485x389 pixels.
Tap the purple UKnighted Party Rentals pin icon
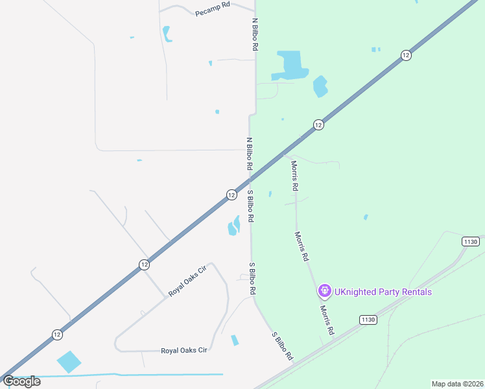324,292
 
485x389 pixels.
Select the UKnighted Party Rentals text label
383,292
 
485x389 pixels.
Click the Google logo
22,381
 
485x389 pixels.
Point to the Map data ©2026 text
457,384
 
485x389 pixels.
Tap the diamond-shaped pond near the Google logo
69,362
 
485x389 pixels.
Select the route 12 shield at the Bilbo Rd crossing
231,194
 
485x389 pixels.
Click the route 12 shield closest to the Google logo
57,334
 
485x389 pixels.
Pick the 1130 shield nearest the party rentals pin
368,320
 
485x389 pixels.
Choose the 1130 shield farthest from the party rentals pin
470,241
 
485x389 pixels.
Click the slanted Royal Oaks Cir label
187,281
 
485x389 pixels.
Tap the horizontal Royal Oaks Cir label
183,351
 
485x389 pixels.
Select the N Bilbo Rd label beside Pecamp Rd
255,35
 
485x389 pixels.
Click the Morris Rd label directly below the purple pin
326,321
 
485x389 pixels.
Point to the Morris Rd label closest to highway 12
294,175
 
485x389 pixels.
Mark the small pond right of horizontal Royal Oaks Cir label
235,340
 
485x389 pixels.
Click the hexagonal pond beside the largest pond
320,86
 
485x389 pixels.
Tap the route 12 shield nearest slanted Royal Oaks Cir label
144,265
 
